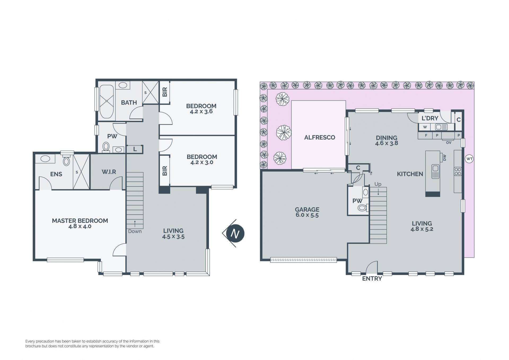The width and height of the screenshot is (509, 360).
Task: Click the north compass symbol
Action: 234,233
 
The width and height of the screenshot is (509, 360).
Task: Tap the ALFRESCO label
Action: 319,137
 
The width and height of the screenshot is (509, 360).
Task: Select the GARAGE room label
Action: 307,210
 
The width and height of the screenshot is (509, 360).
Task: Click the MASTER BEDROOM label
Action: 80,221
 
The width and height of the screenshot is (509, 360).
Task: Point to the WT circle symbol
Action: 469,159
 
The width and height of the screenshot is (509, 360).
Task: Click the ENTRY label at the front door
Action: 372,279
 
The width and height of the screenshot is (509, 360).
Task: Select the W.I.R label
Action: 109,172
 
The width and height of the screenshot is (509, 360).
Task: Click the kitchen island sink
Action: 435,171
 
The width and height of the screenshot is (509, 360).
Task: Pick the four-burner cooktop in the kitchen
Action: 458,171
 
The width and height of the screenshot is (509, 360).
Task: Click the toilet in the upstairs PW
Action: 106,147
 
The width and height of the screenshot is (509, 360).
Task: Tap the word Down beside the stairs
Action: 135,231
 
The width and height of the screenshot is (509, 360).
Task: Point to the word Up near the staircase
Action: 378,184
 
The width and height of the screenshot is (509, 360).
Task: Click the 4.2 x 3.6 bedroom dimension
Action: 201,111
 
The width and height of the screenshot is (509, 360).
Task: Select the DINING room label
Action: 387,138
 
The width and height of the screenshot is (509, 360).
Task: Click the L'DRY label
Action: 430,118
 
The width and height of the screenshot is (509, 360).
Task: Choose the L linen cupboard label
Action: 135,149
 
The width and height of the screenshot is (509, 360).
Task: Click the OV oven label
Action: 449,143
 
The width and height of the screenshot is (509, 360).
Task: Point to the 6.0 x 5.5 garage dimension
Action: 307,215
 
